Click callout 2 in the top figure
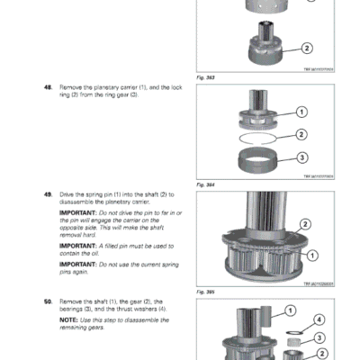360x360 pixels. (307, 48)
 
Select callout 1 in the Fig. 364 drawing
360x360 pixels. (301, 112)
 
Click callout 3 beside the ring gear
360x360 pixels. (301, 157)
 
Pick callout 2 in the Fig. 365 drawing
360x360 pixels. (305, 224)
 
